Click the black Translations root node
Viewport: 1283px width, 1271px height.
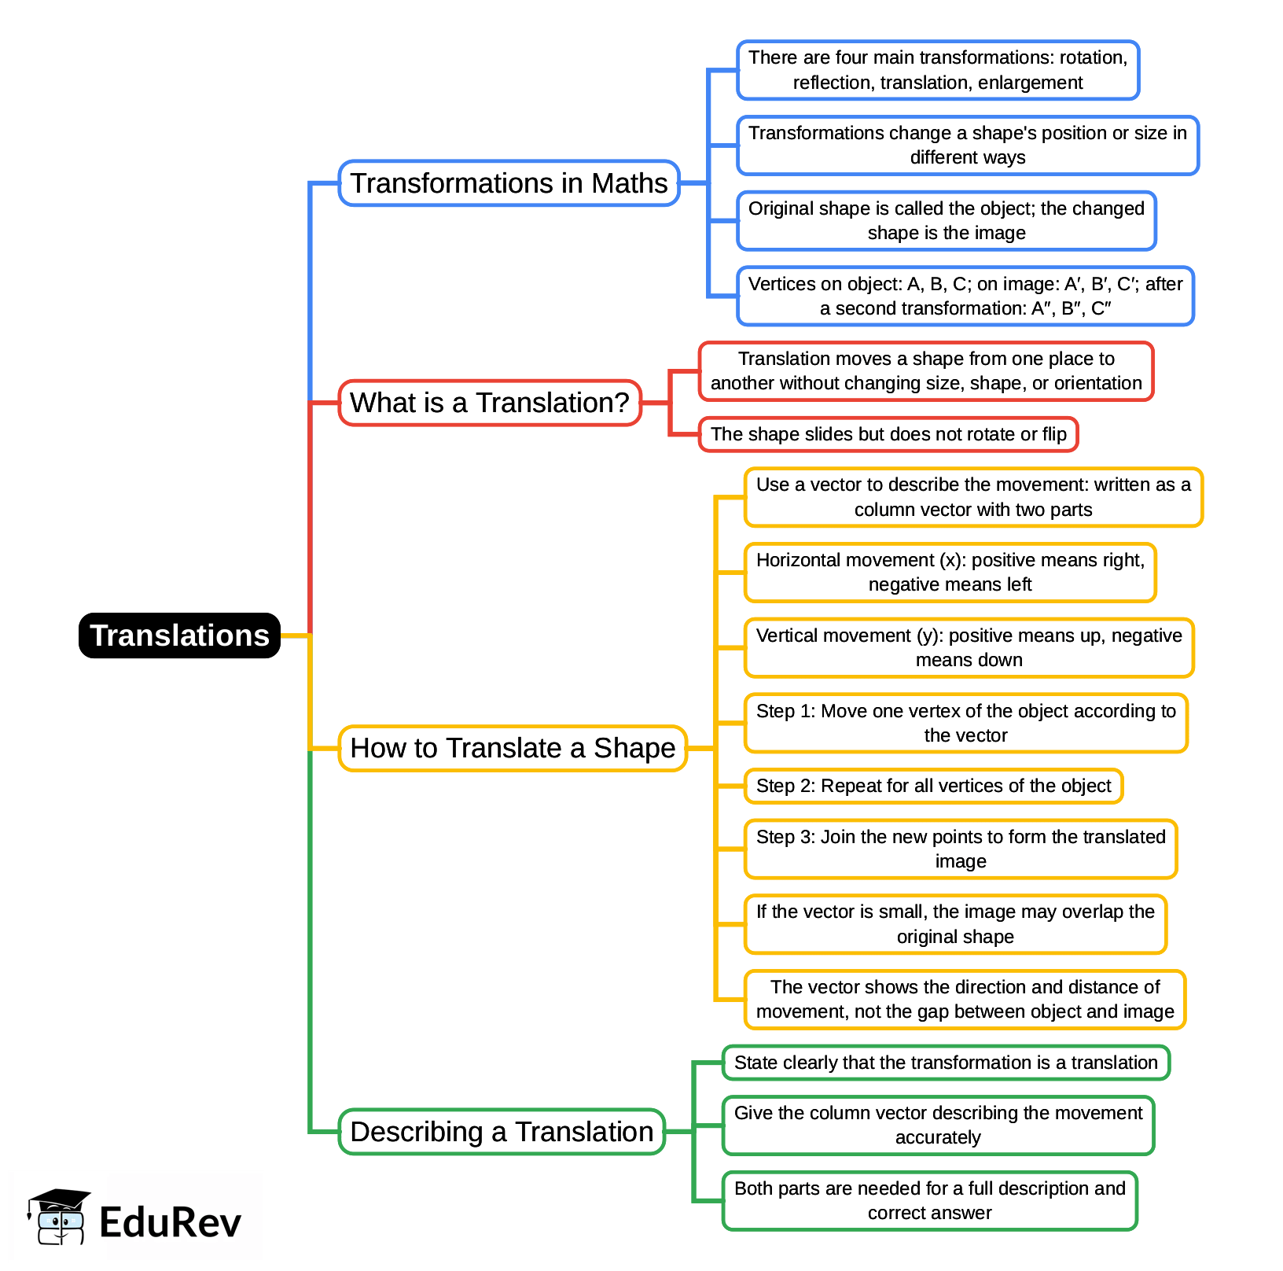tap(179, 635)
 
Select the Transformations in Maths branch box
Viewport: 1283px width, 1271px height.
tap(509, 183)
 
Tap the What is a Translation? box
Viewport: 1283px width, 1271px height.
tap(490, 403)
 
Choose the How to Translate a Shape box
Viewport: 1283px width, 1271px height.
tap(513, 748)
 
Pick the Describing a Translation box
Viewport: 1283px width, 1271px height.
tap(502, 1132)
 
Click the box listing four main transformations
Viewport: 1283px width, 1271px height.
tap(938, 70)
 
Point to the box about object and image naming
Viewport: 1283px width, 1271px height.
tap(947, 221)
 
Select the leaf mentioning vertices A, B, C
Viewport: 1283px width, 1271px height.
tap(965, 296)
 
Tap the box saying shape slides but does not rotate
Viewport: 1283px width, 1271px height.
tap(888, 434)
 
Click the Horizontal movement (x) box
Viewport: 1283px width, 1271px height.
tap(950, 573)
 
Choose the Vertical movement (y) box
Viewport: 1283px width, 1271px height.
tap(969, 648)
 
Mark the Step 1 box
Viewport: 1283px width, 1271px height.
tap(965, 723)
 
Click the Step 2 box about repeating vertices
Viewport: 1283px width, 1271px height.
tap(933, 786)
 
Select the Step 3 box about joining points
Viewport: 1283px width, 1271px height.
tap(961, 849)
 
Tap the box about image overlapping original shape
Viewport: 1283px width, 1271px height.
tap(955, 924)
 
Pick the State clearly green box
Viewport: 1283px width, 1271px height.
tap(946, 1063)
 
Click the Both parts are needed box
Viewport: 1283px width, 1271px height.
tap(930, 1201)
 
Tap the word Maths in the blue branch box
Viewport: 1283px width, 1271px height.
tap(629, 183)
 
